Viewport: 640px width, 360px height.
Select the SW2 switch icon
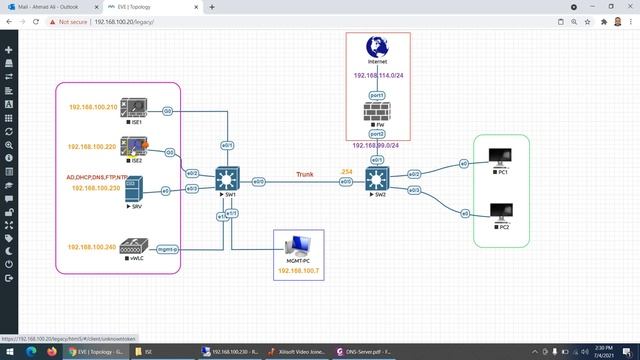[377, 181]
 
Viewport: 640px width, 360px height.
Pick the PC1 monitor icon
[496, 158]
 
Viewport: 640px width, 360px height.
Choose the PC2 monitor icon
[496, 212]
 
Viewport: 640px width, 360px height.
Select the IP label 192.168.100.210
[93, 107]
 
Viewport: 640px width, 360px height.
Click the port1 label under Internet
[377, 95]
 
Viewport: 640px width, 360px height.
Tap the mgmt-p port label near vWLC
[167, 249]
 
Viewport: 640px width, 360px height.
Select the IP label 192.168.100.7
[299, 270]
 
